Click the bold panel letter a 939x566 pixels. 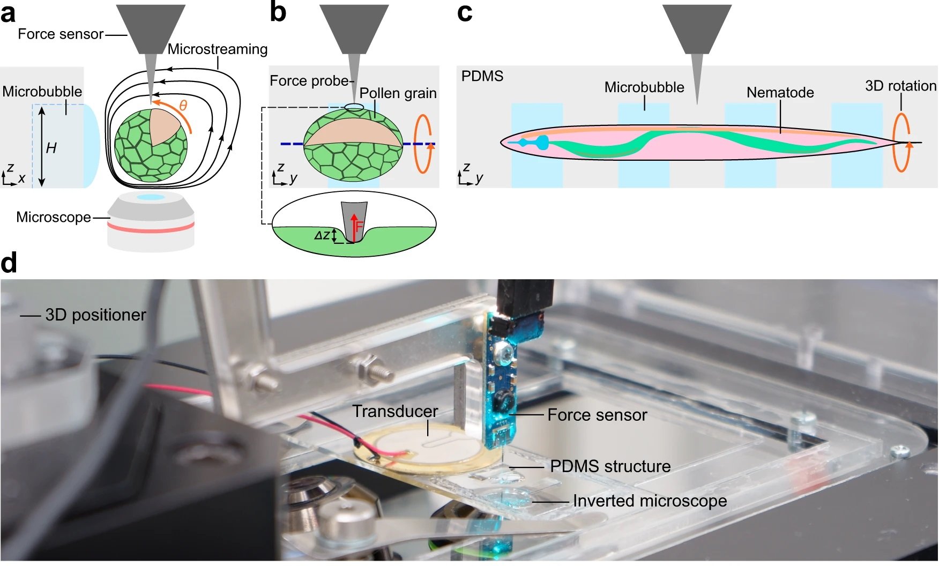[x=9, y=13]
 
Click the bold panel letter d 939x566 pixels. [x=9, y=263]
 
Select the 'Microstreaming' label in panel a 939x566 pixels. [x=217, y=49]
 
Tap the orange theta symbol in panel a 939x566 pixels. [x=183, y=106]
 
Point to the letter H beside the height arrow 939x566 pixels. [x=51, y=148]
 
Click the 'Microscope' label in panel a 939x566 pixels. [x=54, y=217]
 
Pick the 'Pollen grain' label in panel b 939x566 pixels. [x=398, y=93]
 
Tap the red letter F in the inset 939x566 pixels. [x=359, y=227]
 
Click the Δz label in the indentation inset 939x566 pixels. [x=322, y=235]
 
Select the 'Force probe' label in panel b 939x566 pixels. [x=309, y=81]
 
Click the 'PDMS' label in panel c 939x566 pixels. [x=482, y=76]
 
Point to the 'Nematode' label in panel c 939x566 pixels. [x=780, y=93]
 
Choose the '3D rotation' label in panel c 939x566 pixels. [x=900, y=86]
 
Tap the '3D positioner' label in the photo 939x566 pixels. [x=95, y=315]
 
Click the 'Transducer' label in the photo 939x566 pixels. [x=395, y=411]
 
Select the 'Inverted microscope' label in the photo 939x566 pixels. [x=650, y=501]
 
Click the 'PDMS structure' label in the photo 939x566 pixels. [x=610, y=466]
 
